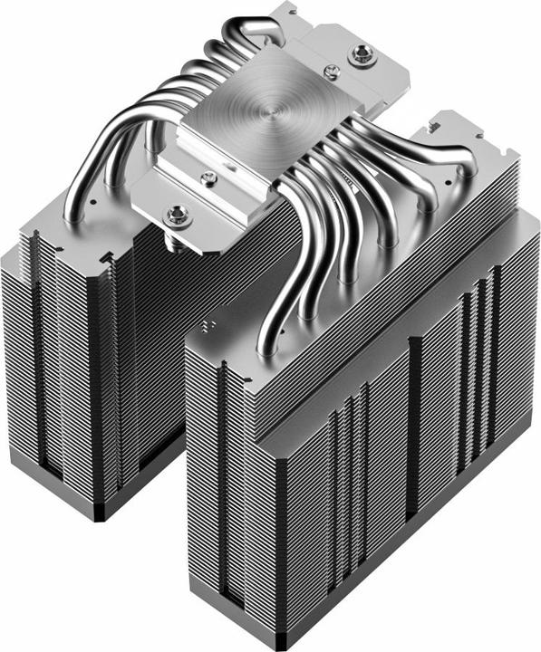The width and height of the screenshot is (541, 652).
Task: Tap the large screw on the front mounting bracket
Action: tap(177, 216)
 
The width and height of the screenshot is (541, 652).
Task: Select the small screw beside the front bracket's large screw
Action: tap(208, 178)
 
